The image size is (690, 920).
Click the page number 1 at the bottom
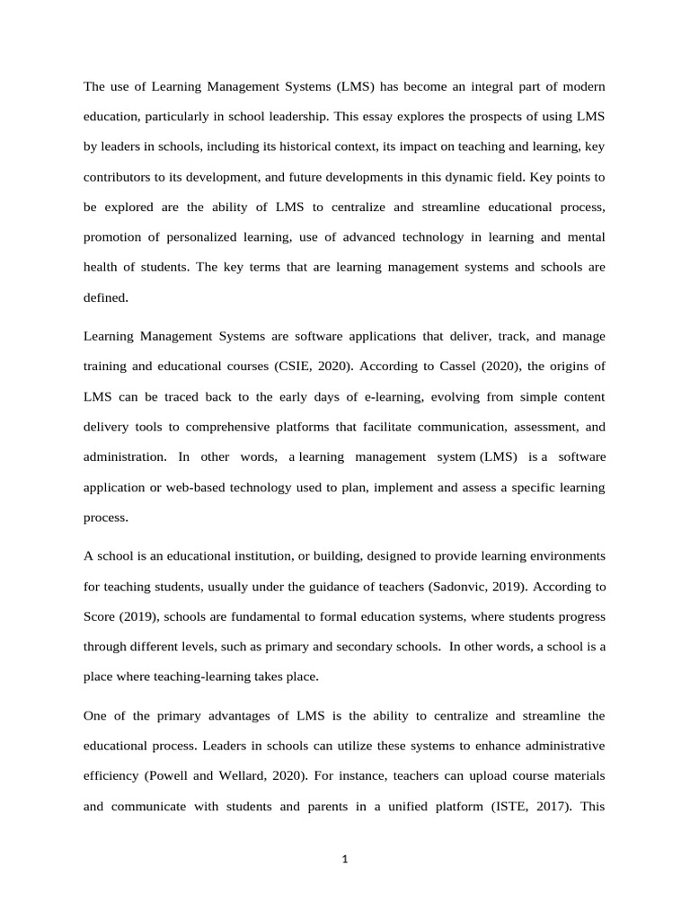point(345,859)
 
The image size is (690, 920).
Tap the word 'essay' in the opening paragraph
point(384,116)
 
